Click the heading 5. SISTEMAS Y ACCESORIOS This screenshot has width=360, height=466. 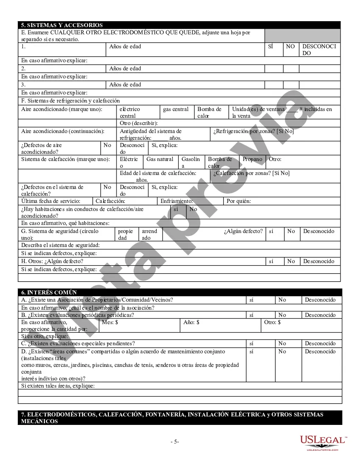coord(62,25)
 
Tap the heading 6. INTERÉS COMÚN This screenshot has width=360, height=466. coord(49,292)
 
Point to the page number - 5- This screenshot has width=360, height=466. coord(175,441)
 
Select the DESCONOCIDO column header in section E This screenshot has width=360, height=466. coord(319,50)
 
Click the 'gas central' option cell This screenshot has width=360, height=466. coord(176,109)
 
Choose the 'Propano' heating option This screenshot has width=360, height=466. coord(252,159)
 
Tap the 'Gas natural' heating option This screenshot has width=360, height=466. coord(160,159)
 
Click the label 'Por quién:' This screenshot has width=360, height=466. coord(238,201)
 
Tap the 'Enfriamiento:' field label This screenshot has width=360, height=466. coord(177,201)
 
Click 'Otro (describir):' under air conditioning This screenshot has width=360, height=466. coord(138,123)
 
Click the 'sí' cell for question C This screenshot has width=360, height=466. coord(252,344)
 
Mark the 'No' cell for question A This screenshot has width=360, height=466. coord(282,300)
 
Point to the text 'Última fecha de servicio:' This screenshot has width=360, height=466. coord(50,201)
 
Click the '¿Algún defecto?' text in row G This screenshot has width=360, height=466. coord(243,231)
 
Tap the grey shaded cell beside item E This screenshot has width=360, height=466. coord(302,36)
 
